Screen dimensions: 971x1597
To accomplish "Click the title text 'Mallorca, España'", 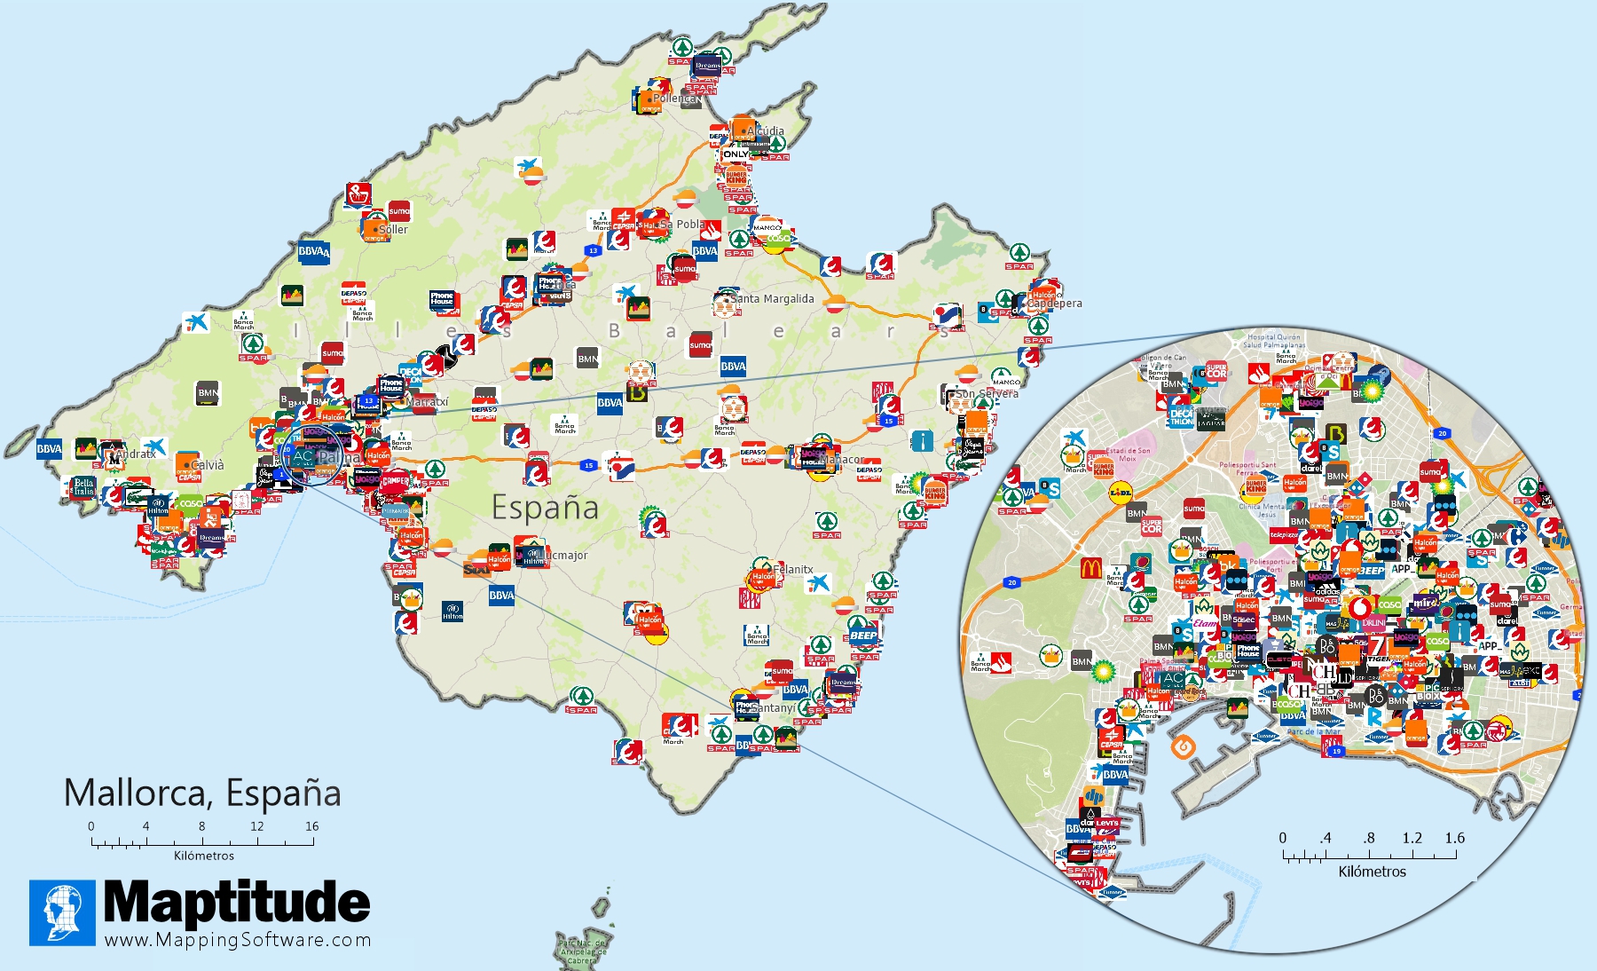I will (x=202, y=793).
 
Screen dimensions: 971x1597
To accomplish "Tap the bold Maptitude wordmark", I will (x=237, y=903).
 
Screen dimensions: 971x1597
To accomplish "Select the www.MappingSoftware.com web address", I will (x=238, y=940).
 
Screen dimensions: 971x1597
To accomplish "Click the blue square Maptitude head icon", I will (x=62, y=912).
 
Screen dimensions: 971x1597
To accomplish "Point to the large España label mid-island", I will (x=545, y=508).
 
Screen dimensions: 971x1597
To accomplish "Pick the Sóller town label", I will (x=394, y=229).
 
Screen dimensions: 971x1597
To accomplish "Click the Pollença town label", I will (x=677, y=99).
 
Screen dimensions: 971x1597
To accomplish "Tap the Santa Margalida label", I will (x=773, y=299).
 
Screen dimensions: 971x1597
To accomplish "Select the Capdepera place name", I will (x=1055, y=304).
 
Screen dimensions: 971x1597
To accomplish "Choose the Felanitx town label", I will (x=793, y=570).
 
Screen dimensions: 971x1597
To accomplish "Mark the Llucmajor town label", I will (x=564, y=556).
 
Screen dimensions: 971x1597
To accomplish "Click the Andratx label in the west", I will (x=137, y=454).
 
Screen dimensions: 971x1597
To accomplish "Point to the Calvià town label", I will (x=208, y=465).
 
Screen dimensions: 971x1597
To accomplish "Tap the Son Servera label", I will (x=987, y=393).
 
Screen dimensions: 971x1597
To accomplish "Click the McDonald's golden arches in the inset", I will (x=1091, y=568).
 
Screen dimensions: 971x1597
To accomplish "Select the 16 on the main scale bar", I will (x=312, y=826).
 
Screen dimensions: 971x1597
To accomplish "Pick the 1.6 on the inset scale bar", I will (x=1454, y=838).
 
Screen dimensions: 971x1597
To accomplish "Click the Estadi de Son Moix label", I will (x=1128, y=454).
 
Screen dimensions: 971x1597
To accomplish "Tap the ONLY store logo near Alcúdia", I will (x=735, y=154).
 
